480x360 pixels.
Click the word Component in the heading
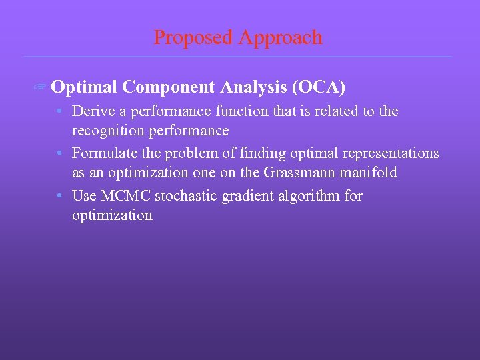tap(169, 87)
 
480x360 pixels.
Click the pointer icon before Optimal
tap(41, 88)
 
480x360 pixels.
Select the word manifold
tap(370, 173)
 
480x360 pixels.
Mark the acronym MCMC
tap(122, 196)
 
